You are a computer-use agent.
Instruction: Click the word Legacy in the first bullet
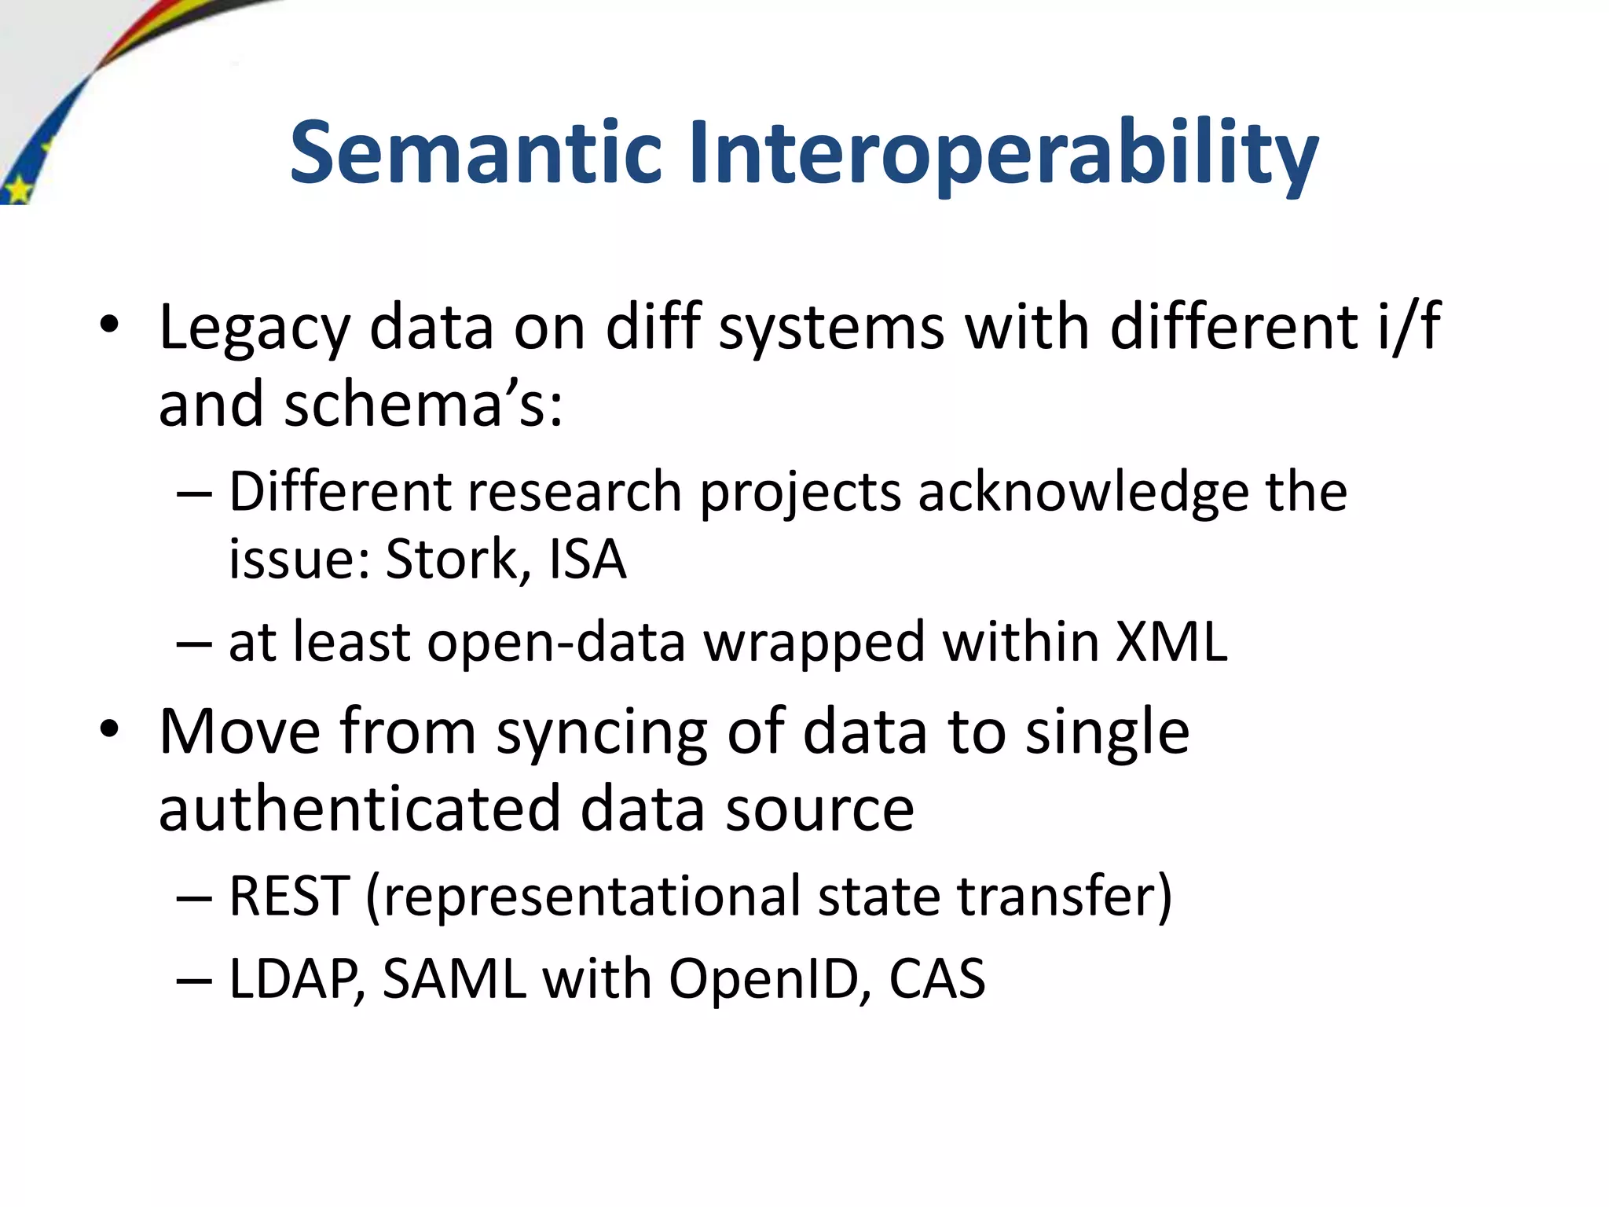pyautogui.click(x=254, y=328)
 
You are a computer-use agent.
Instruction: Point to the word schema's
pyautogui.click(x=423, y=404)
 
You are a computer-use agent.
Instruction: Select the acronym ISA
pyautogui.click(x=588, y=559)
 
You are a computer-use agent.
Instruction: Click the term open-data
pyautogui.click(x=556, y=643)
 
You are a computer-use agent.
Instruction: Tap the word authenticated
pyautogui.click(x=360, y=809)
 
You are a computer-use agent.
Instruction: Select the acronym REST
pyautogui.click(x=288, y=897)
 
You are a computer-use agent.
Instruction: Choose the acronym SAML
pyautogui.click(x=454, y=979)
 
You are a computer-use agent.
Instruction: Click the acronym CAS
pyautogui.click(x=936, y=979)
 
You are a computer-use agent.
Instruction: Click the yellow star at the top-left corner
pyautogui.click(x=17, y=189)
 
